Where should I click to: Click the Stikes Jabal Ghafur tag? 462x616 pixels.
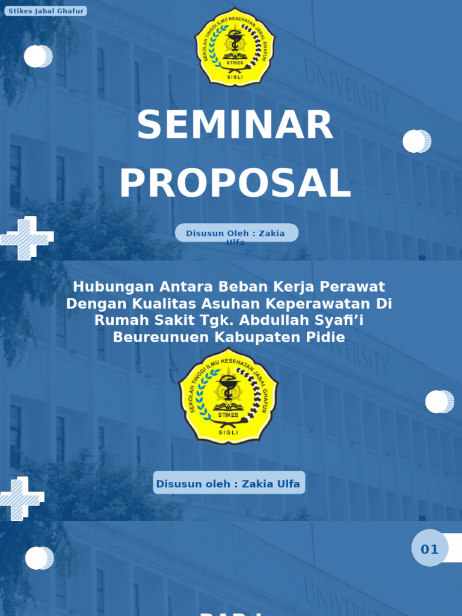click(x=45, y=11)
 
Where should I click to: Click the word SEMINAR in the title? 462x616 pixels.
click(x=235, y=125)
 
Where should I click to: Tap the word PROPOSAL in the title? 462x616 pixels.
click(x=235, y=183)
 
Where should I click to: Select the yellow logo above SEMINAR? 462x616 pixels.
click(x=235, y=47)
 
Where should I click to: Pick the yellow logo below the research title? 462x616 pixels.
click(x=229, y=396)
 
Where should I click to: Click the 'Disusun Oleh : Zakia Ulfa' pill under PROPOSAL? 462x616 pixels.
click(x=236, y=233)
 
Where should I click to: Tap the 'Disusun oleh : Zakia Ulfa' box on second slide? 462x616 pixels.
click(x=229, y=483)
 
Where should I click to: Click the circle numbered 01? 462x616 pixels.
click(x=430, y=548)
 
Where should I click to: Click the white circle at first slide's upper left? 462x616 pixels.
click(x=37, y=57)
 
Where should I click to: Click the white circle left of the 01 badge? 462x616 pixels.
click(x=38, y=558)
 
